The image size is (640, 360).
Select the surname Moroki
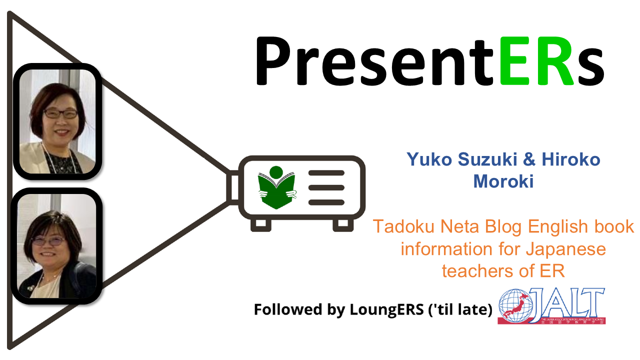(503, 181)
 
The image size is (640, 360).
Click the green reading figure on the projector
(276, 187)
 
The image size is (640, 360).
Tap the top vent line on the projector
(326, 173)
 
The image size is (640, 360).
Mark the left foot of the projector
(260, 224)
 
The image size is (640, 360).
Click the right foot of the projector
(343, 224)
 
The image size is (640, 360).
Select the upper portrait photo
(56, 121)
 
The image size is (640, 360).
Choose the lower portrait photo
(56, 246)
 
